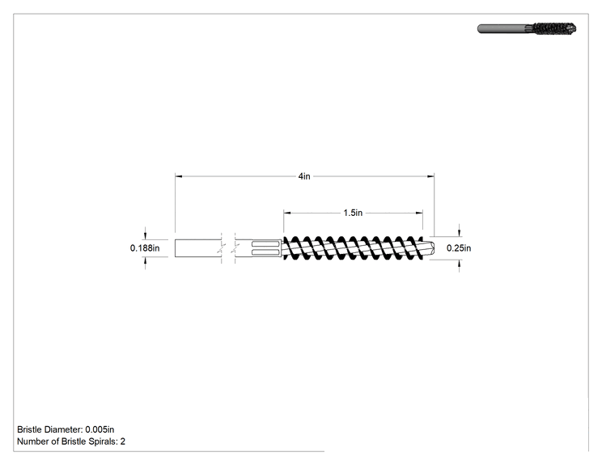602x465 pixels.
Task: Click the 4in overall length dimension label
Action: tap(304, 176)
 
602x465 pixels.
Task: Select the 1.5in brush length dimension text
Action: tap(353, 213)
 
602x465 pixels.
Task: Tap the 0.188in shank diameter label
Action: tap(145, 248)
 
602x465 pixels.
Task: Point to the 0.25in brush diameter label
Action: tap(459, 248)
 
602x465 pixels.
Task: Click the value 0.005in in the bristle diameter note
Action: tap(100, 429)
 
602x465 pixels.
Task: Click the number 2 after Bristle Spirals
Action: tap(123, 442)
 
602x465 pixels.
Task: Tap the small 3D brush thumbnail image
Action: tap(527, 29)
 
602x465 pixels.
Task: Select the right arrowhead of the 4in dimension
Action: tap(430, 176)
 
